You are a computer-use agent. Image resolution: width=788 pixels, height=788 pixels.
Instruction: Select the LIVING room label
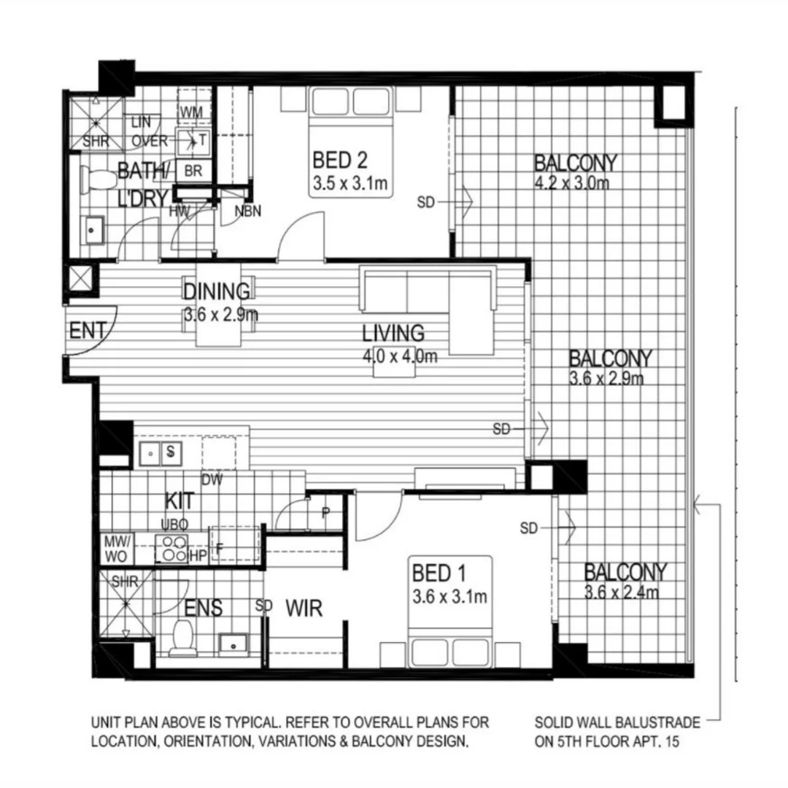click(393, 333)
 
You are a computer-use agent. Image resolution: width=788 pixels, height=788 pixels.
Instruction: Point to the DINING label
click(216, 291)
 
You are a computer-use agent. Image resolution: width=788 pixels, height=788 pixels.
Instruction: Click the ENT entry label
click(88, 331)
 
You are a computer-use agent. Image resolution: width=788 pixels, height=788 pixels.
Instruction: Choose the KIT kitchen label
click(179, 501)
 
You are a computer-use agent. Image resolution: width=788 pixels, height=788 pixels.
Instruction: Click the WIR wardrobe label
click(304, 608)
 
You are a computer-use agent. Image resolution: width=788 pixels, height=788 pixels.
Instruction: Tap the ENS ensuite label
click(204, 608)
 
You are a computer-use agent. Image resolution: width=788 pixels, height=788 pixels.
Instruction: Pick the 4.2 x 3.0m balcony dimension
click(571, 182)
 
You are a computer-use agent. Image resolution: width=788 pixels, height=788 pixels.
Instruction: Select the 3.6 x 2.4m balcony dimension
click(622, 592)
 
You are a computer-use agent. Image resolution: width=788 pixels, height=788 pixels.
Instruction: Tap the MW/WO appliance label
click(116, 548)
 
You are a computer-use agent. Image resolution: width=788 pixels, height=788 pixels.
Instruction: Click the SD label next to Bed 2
click(426, 202)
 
